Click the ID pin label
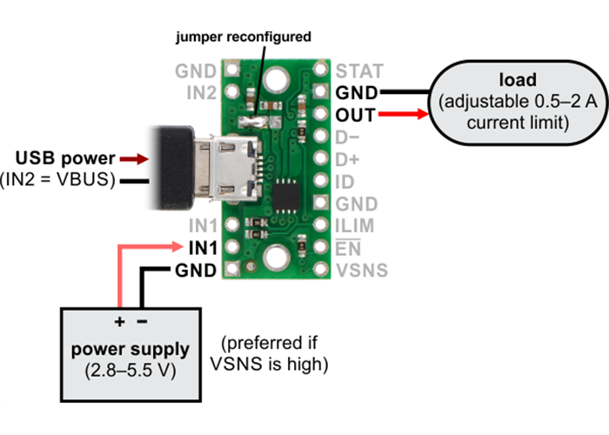click(x=344, y=182)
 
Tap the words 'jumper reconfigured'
click(x=243, y=37)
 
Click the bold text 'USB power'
click(x=65, y=158)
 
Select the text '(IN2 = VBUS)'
click(x=59, y=180)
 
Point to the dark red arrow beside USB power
click(x=133, y=159)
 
